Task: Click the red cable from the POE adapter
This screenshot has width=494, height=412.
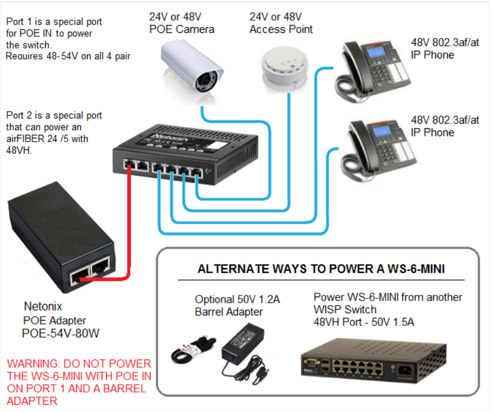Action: point(130,223)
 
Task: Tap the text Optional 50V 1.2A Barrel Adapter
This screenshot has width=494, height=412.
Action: point(237,306)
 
